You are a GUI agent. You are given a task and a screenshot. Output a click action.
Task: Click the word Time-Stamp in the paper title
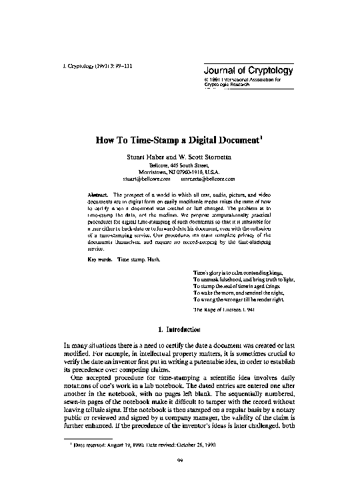[x=154, y=141]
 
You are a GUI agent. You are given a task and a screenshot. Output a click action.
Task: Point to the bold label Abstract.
[x=97, y=193]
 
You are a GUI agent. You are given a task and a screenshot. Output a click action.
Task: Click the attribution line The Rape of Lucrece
[x=224, y=310]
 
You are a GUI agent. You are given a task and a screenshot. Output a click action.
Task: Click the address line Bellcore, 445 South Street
[x=179, y=165]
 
